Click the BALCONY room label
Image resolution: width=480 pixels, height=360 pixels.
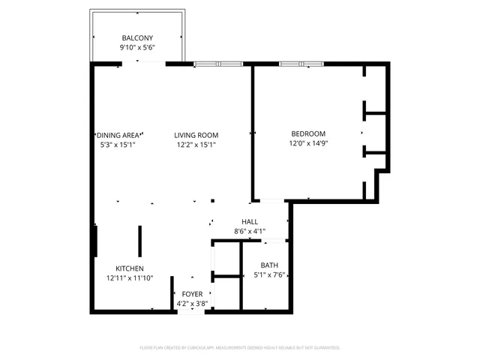pos(137,38)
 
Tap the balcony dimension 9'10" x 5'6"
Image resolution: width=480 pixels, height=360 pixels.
pos(137,48)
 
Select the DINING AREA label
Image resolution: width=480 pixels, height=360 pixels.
pos(118,135)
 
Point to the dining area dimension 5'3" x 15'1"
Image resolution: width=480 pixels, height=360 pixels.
pos(118,145)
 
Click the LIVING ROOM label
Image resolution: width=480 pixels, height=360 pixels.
pos(196,135)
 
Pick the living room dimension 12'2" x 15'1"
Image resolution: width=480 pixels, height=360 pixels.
pos(196,145)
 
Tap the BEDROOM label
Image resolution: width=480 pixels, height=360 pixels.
pos(308,133)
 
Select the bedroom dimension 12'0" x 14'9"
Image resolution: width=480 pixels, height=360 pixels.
pos(308,143)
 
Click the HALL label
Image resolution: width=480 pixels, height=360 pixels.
pos(250,222)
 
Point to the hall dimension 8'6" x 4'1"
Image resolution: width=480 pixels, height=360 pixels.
pos(250,232)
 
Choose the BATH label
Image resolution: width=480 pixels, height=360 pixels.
pos(268,265)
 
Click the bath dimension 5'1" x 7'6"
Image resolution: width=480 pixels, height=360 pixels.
pos(268,275)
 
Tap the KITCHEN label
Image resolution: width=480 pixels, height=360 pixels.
pos(129,268)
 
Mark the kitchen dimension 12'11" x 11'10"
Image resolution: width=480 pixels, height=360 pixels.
pos(129,278)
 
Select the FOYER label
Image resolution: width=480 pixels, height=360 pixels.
pos(191,294)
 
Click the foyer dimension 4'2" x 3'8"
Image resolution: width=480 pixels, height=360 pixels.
pos(191,304)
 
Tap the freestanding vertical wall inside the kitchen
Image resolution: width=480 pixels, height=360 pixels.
pos(139,241)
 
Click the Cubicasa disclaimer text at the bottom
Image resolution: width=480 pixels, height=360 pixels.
pos(240,348)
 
